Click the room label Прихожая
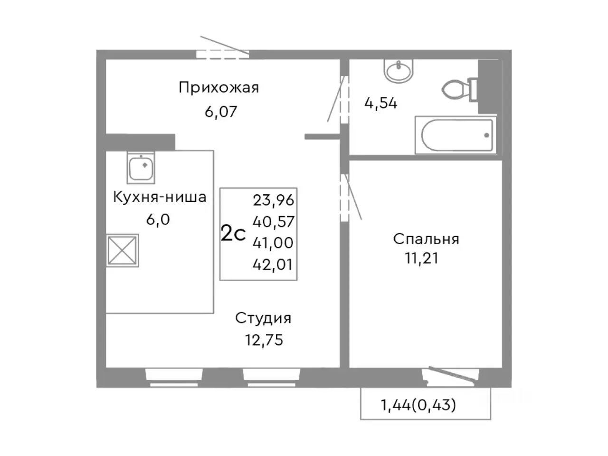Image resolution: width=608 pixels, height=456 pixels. tap(218, 88)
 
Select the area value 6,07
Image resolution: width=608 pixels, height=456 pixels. tap(220, 112)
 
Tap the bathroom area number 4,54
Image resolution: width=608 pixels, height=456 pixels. tap(380, 103)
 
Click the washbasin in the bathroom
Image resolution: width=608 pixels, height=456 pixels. tap(399, 72)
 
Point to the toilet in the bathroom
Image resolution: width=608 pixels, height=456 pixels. tap(458, 89)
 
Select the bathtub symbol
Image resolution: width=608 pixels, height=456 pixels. tap(456, 135)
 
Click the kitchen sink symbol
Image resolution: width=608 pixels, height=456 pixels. tap(141, 168)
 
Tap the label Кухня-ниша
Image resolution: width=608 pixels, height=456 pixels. tap(160, 197)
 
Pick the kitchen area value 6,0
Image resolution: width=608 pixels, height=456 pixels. tap(158, 220)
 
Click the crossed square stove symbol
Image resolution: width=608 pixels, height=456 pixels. tap(122, 250)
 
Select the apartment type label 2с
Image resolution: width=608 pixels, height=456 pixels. tap(233, 234)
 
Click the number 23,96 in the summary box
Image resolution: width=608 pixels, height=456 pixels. tap(273, 200)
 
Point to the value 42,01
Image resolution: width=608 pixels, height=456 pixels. tap(273, 265)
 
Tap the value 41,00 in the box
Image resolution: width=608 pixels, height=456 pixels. tap(273, 243)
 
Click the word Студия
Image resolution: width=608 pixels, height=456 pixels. tap(263, 318)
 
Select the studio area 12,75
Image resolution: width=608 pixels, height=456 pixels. tap(263, 341)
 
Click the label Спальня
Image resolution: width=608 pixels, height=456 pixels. tap(426, 238)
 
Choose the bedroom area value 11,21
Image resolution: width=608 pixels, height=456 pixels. tap(421, 258)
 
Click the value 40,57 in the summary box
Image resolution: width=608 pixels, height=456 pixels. tap(273, 222)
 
